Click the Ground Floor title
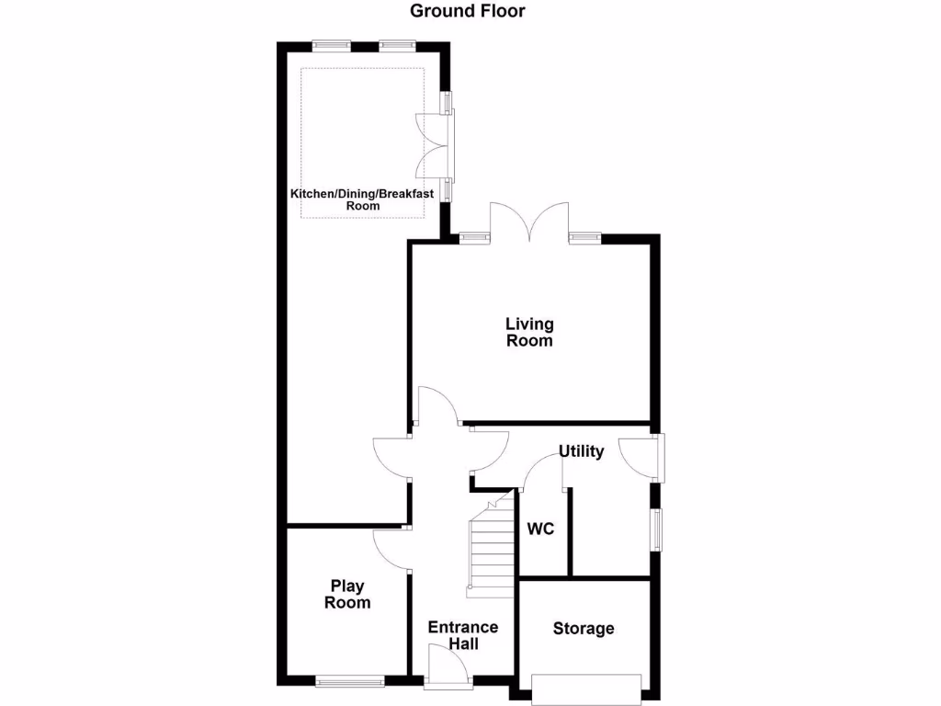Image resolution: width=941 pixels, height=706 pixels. (x=468, y=11)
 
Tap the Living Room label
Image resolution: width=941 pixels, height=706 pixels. (x=530, y=332)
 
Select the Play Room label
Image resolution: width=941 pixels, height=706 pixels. (x=347, y=594)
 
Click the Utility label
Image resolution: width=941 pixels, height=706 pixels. (x=582, y=451)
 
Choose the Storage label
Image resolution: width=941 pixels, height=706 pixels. (x=584, y=629)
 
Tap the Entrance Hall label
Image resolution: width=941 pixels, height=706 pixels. (x=463, y=635)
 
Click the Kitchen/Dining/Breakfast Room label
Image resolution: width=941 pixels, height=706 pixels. (x=362, y=199)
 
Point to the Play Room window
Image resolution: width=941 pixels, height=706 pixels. (x=349, y=682)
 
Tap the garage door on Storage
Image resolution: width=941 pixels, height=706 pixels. (x=586, y=686)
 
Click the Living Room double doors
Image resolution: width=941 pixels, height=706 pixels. (x=529, y=223)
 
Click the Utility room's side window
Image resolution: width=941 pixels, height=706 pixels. (x=657, y=530)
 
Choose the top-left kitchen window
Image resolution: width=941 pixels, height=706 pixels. (x=330, y=43)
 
